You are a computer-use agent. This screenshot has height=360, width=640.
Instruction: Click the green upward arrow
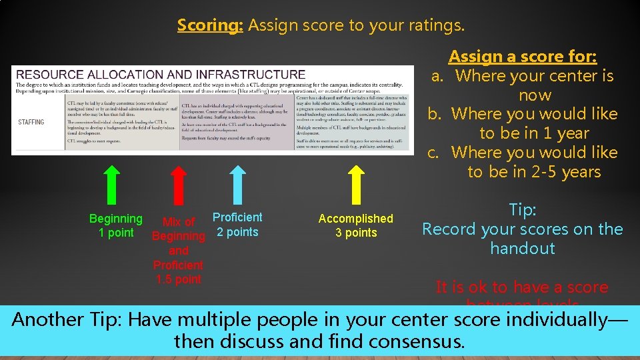113,183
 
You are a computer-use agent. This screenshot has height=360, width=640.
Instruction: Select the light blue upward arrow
237,183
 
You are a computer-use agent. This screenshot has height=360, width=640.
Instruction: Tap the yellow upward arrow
357,183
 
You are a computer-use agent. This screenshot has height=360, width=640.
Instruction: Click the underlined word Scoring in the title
210,25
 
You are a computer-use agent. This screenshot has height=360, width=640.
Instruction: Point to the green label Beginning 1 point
116,225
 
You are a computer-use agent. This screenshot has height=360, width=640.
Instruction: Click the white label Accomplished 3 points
356,225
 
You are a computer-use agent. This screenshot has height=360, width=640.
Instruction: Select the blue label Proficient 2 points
237,225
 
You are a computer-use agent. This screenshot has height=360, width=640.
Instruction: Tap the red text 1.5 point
178,279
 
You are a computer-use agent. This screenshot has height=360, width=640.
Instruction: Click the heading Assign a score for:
522,57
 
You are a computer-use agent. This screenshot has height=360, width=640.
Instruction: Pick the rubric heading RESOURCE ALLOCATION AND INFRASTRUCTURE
160,75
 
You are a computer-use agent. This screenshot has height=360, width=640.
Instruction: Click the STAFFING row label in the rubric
31,122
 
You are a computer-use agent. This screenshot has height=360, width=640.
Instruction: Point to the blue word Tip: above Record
522,210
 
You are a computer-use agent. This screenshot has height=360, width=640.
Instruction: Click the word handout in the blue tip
522,249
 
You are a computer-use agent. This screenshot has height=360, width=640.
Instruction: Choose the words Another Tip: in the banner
67,319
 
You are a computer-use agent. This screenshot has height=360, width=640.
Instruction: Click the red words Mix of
179,222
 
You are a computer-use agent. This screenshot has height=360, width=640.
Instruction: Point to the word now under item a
535,95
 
